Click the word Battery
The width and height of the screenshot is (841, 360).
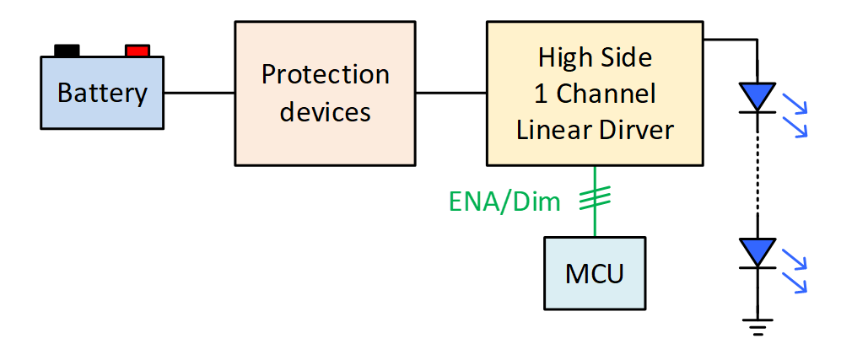click(102, 92)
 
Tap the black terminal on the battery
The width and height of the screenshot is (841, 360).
click(67, 51)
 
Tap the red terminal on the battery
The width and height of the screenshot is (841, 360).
click(137, 51)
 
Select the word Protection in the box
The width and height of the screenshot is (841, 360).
click(325, 74)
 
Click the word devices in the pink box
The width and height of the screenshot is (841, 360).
click(325, 110)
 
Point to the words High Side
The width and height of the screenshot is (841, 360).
click(596, 57)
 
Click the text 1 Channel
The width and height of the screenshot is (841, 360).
click(596, 93)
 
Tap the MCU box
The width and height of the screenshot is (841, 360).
click(596, 274)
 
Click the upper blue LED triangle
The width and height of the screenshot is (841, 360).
click(757, 96)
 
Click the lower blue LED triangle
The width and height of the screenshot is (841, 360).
click(757, 252)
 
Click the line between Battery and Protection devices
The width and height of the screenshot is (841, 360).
click(199, 92)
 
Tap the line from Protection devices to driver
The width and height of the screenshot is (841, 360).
click(450, 92)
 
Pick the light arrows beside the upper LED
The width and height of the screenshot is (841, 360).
click(795, 114)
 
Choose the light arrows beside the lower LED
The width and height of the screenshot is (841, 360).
click(795, 270)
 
